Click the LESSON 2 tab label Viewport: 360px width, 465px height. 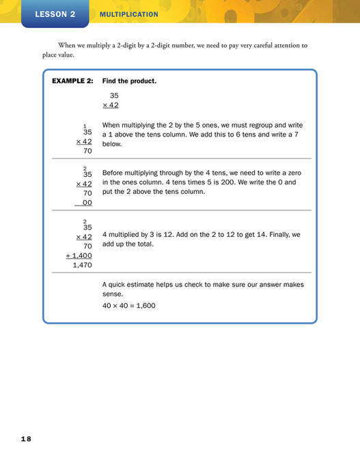click(x=55, y=14)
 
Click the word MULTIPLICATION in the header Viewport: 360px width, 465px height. click(x=128, y=14)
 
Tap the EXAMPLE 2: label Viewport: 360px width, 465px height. click(x=72, y=81)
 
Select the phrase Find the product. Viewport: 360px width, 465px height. click(x=129, y=81)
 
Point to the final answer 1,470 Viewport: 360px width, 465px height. click(x=82, y=265)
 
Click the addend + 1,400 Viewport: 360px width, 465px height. click(x=79, y=255)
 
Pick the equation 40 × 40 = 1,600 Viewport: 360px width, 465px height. click(x=128, y=305)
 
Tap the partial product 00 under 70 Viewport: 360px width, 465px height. click(x=87, y=203)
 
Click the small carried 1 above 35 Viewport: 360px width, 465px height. click(x=85, y=126)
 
